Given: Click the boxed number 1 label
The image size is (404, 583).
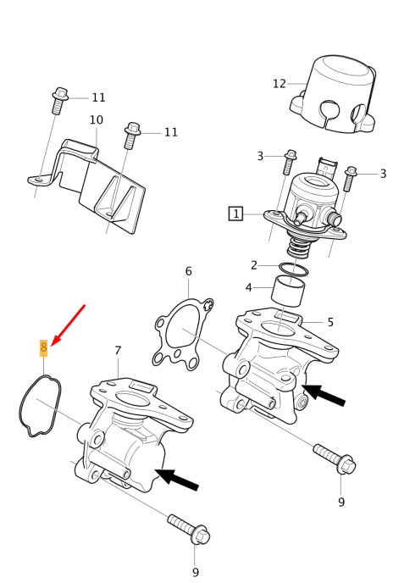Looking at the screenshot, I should [236, 214].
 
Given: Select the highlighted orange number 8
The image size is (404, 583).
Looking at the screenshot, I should [44, 347].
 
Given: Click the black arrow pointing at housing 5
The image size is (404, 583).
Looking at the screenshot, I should [324, 394].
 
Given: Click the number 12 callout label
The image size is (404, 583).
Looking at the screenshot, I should [279, 84].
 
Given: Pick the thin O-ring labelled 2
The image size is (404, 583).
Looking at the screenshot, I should [293, 269].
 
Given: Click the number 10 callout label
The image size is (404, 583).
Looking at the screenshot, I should [96, 120].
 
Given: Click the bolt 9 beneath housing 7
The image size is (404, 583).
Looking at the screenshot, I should [188, 528].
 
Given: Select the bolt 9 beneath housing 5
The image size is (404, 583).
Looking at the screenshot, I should [335, 458].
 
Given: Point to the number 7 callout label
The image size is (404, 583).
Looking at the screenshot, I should [118, 351].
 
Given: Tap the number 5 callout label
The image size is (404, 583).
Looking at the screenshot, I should [330, 322].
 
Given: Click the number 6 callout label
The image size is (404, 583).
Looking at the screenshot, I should [188, 271].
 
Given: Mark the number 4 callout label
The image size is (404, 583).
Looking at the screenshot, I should [248, 287].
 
